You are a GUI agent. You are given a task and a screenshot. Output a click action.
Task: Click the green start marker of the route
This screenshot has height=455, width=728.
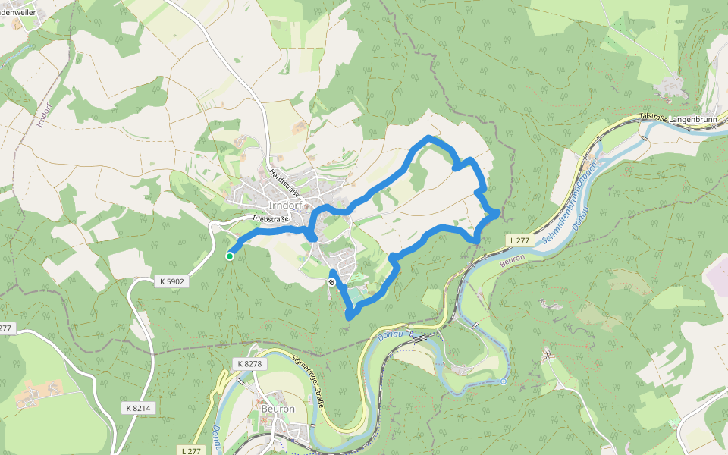coord(230,256)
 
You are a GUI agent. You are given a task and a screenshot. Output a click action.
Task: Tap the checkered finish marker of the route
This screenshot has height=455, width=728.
coord(331,282)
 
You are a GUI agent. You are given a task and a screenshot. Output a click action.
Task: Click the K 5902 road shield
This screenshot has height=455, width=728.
coord(172,281)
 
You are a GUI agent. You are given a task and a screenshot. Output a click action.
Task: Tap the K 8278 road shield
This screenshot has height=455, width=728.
coord(249,364)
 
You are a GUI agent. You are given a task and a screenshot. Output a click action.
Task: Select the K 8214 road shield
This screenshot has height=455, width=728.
coord(138,408)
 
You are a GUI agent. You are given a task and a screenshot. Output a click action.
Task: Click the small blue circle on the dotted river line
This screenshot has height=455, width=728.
coord(503,381)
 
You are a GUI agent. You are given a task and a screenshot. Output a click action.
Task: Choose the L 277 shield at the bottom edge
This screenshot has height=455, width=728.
coord(192,450)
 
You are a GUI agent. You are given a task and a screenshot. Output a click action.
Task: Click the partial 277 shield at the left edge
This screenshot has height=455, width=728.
coord(6,328)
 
